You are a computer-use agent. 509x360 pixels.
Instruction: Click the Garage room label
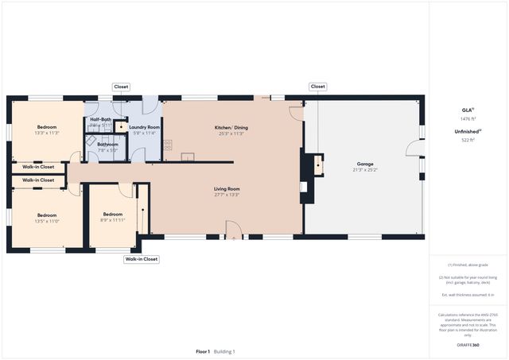tap(365, 164)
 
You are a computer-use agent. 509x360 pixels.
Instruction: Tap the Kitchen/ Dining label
tap(231, 127)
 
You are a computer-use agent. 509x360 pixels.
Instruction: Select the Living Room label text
tap(227, 188)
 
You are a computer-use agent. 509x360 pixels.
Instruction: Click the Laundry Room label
tap(145, 127)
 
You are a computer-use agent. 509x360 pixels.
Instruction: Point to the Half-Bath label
tap(100, 119)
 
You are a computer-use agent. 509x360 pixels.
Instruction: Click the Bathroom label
tap(107, 144)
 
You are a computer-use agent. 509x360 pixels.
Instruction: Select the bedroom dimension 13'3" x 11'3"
tap(47, 134)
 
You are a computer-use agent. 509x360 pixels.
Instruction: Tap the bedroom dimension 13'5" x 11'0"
tap(47, 221)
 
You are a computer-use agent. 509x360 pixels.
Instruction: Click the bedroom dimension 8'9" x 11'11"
tap(112, 220)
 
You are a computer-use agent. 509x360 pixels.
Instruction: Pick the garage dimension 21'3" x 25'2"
tap(365, 170)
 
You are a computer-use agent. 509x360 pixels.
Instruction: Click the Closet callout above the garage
tap(318, 87)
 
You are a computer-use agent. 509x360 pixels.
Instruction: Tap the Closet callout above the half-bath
tap(121, 87)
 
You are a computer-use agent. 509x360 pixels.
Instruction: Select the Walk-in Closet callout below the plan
tap(142, 259)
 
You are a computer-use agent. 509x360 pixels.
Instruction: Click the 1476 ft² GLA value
tap(468, 118)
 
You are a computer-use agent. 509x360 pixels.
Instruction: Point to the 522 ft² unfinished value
tap(468, 140)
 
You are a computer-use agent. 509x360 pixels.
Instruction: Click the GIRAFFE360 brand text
tap(468, 346)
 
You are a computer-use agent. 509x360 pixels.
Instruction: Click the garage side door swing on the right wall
tap(414, 149)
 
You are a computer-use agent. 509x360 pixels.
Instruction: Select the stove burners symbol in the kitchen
tap(168, 145)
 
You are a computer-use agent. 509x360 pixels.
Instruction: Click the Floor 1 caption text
tap(203, 351)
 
